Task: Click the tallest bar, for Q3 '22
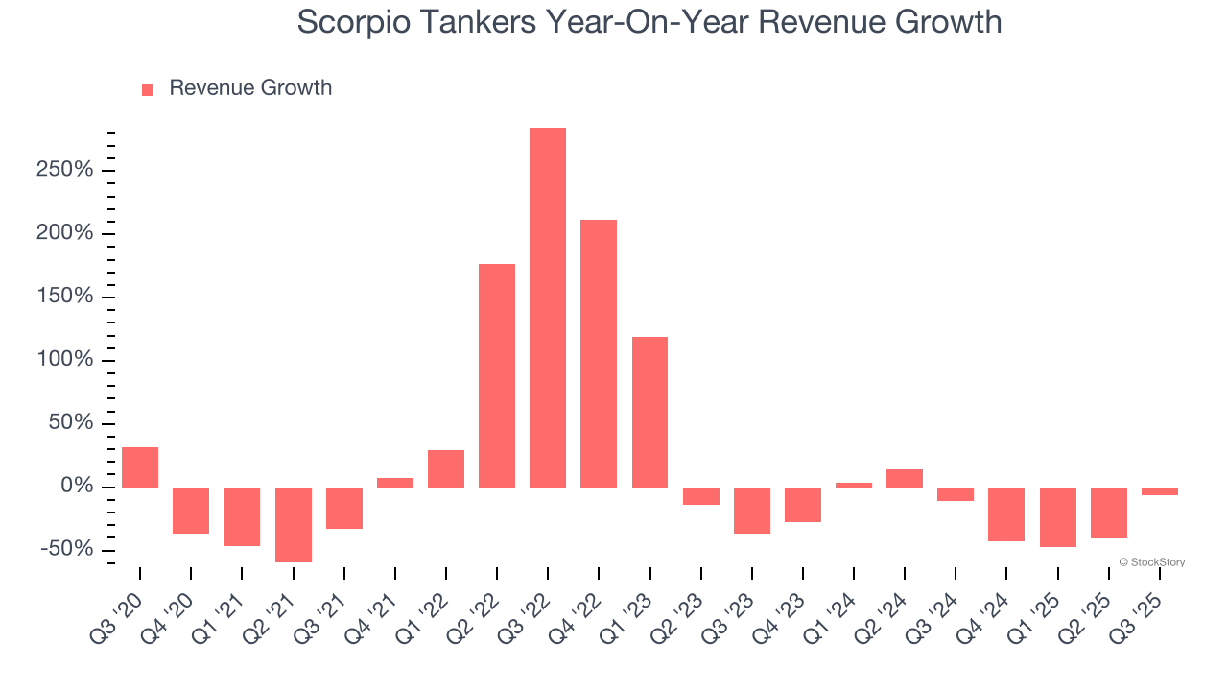coord(548,307)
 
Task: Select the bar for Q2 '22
coord(497,375)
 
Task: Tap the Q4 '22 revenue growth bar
coord(599,353)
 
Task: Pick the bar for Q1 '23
coord(649,412)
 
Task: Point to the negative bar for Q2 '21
coord(293,524)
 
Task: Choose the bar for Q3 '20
coord(140,467)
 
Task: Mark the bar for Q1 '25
coord(1057,516)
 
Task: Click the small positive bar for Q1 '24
coord(854,485)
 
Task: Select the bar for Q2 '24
coord(905,478)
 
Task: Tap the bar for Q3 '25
coord(1160,491)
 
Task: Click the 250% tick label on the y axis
coord(66,170)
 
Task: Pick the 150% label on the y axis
coord(66,297)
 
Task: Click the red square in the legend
coord(148,89)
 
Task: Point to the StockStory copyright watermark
coord(1151,562)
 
